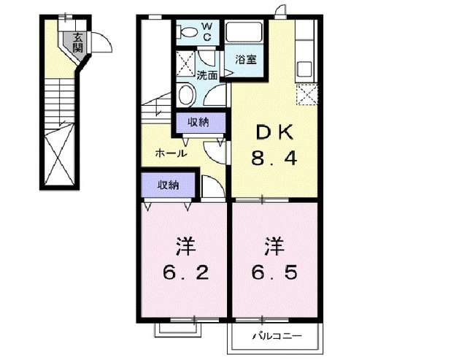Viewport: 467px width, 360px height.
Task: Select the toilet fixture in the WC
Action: pos(188,31)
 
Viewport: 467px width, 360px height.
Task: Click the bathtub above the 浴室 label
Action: pos(247,31)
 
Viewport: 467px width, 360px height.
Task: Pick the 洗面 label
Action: pos(207,74)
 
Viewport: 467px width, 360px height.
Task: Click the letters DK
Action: pos(274,132)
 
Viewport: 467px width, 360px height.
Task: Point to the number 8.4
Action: pos(274,158)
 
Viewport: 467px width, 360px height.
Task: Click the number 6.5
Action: pos(276,273)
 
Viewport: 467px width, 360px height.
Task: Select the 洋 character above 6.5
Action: pos(275,245)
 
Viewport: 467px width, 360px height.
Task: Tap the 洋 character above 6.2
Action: pos(184,245)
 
